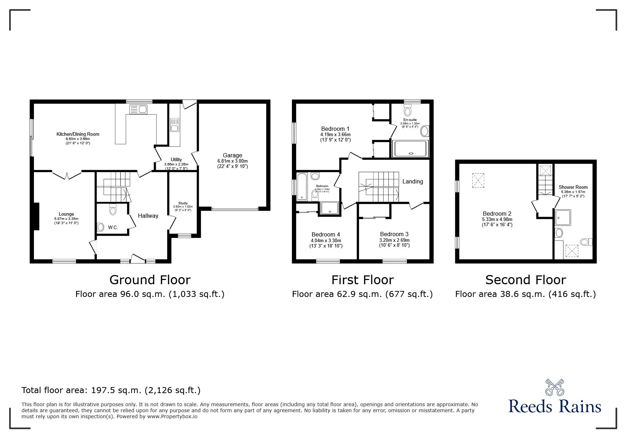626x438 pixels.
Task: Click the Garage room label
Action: [232, 155]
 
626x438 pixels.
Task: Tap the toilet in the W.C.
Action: [113, 210]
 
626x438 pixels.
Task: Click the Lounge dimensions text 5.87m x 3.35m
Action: [66, 218]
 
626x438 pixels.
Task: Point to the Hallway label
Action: [148, 216]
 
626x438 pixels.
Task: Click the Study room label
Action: [183, 203]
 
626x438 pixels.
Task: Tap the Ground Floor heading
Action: [150, 280]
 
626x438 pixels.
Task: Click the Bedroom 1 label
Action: [335, 129]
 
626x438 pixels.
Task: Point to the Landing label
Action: [413, 181]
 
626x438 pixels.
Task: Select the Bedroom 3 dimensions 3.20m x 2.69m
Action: [394, 240]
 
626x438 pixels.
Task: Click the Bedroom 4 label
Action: [326, 234]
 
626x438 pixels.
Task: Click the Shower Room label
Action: [573, 187]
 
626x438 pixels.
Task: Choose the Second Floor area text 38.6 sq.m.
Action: [525, 294]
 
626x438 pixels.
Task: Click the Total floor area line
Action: [111, 390]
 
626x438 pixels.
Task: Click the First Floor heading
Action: [362, 280]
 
